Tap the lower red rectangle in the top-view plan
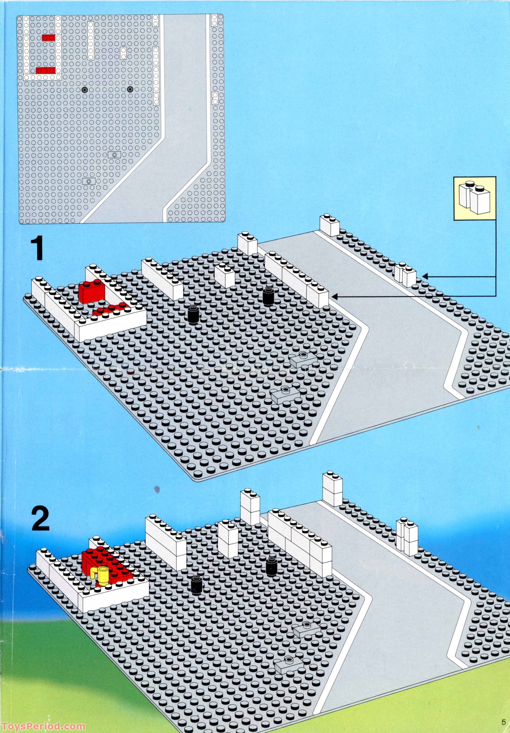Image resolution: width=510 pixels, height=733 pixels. [46, 70]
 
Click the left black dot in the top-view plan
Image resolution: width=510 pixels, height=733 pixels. [84, 90]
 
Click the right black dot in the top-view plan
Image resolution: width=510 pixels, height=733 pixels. [130, 89]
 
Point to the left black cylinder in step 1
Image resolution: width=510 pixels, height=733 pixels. [193, 314]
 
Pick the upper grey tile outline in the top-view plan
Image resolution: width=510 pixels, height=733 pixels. [115, 154]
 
